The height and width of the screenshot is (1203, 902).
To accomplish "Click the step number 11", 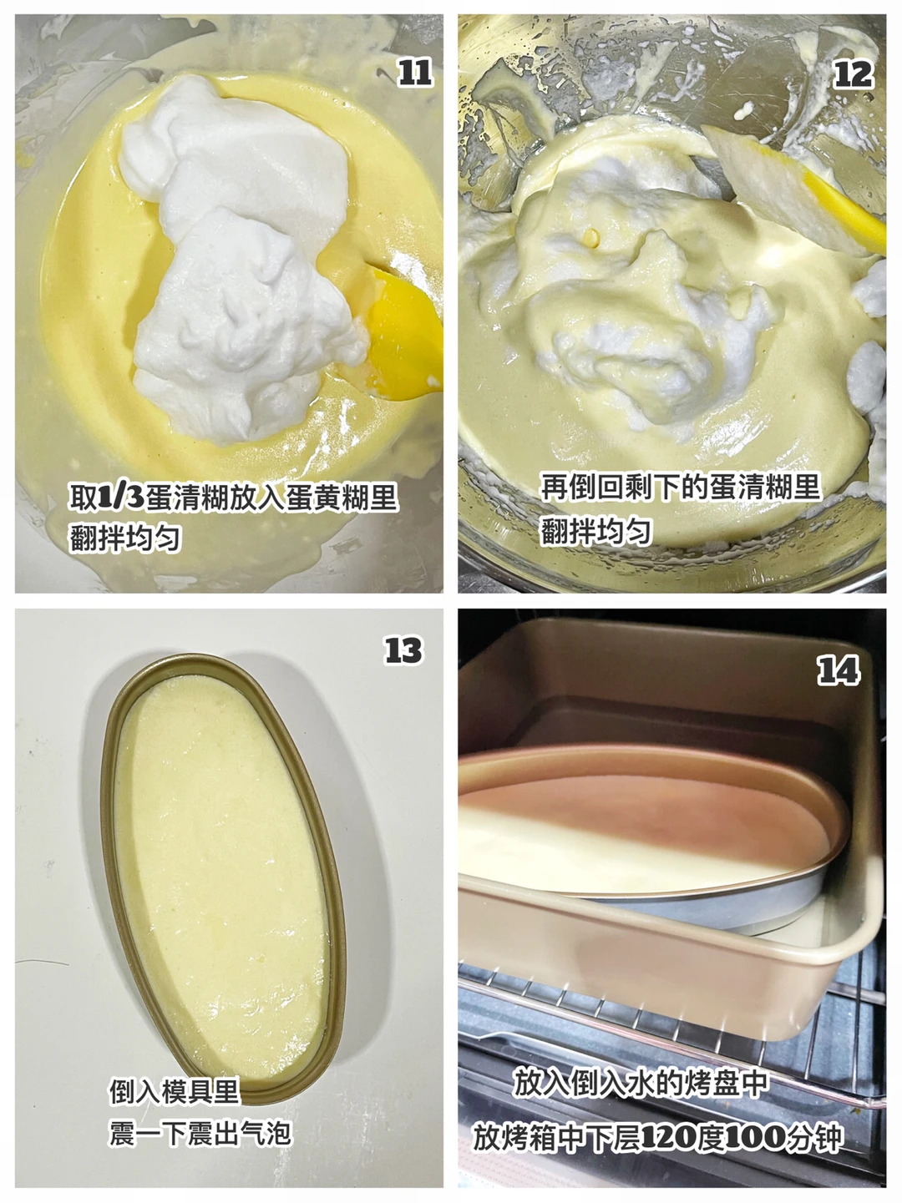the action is tap(415, 73).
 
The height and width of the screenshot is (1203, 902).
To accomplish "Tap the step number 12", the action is tap(853, 74).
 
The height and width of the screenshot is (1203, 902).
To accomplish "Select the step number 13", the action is tap(403, 650).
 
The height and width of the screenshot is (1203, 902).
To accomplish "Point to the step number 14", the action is tap(839, 671).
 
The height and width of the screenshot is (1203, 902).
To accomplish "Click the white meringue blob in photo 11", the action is tap(241, 258).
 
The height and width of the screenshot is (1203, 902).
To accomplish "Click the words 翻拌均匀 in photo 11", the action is tap(125, 538).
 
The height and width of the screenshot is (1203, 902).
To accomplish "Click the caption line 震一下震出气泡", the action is tap(200, 1134).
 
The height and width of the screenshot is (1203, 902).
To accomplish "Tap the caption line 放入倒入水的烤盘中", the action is tap(641, 1083).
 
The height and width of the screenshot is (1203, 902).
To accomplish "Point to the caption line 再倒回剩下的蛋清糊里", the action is tap(681, 486).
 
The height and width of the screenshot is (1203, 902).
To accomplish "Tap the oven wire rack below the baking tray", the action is tap(658, 1014).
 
